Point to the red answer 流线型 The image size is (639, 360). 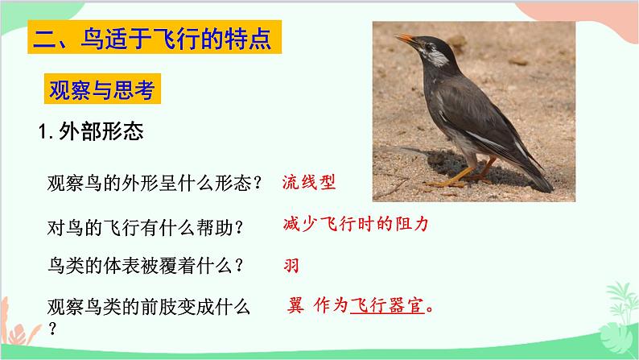click(308, 182)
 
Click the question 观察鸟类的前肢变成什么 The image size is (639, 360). click(148, 307)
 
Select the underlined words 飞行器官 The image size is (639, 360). click(387, 307)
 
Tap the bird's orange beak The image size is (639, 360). click(405, 38)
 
